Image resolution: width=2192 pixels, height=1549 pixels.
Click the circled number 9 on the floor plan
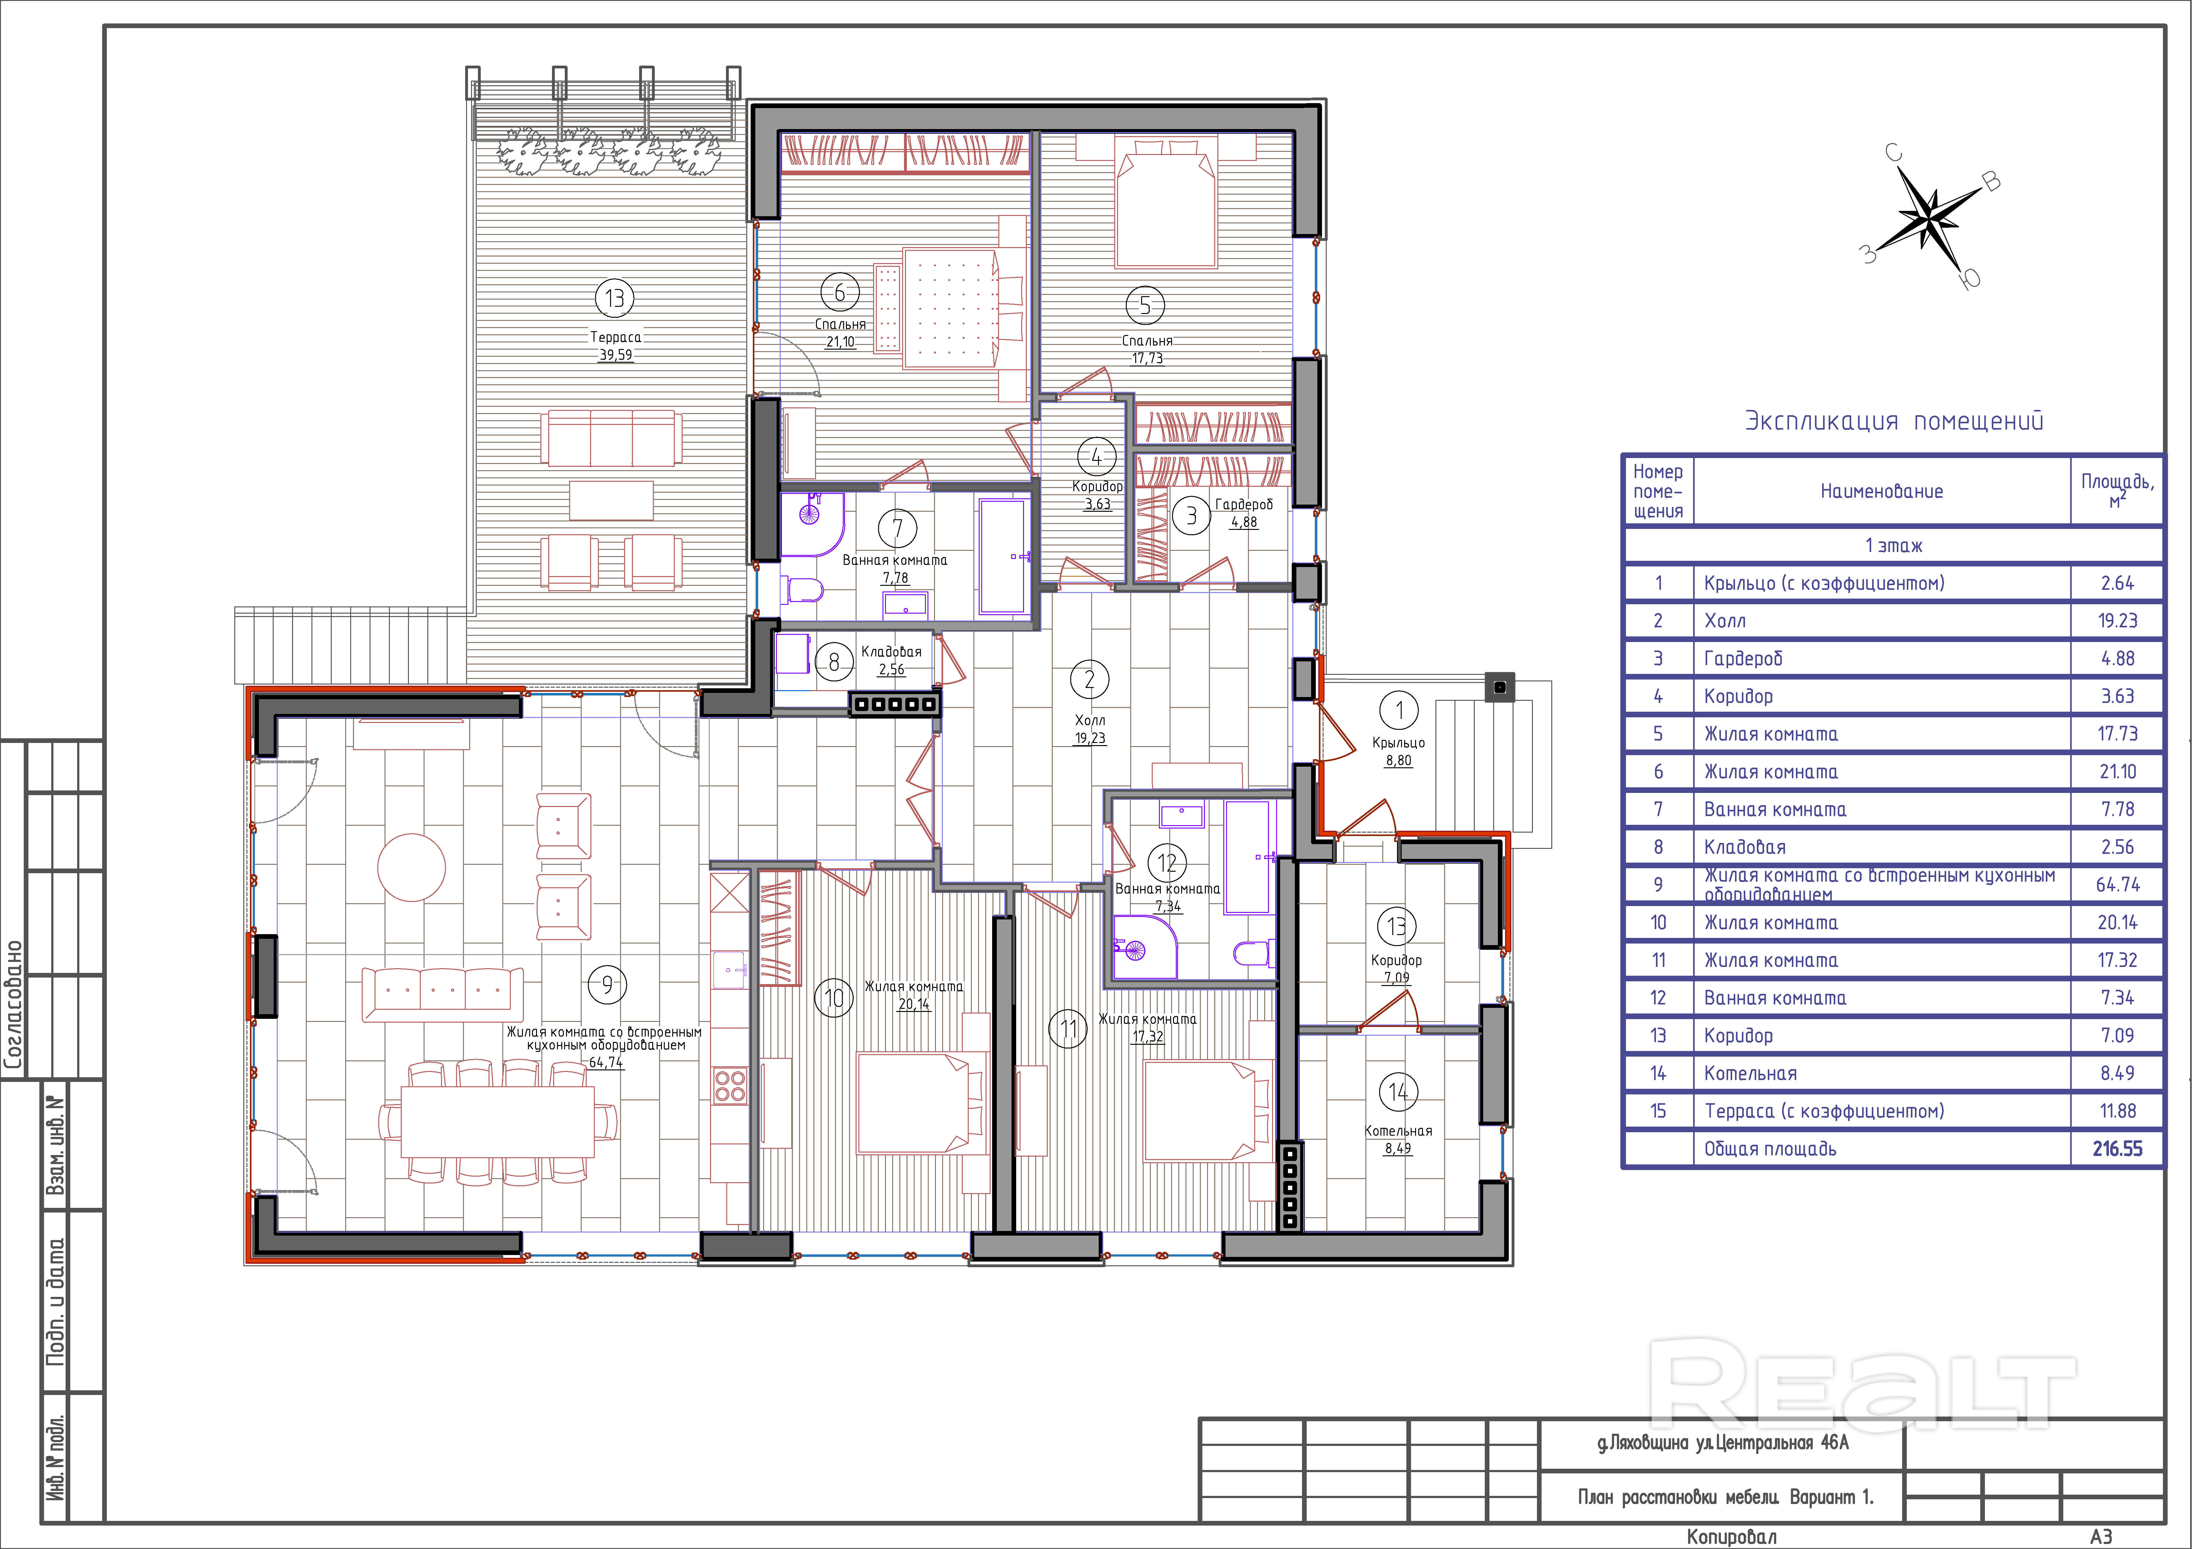[x=607, y=984]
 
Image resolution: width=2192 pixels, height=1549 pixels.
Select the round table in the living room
[x=411, y=867]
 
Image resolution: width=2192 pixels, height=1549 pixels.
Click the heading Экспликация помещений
[x=1894, y=421]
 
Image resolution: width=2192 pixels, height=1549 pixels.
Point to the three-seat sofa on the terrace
[x=611, y=438]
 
